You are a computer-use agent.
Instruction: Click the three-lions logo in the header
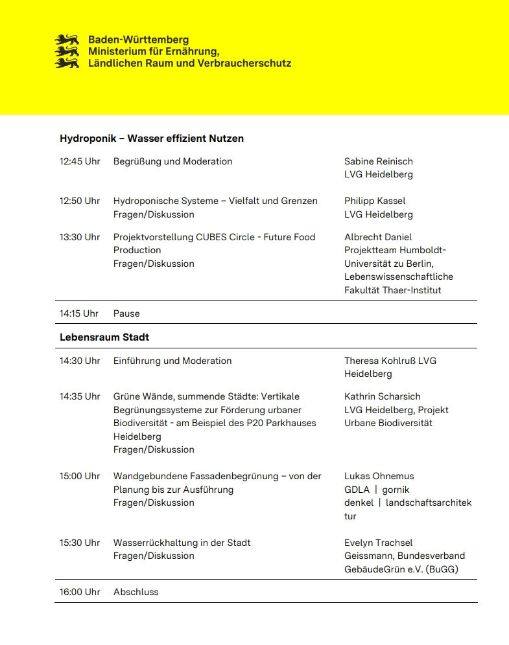[67, 51]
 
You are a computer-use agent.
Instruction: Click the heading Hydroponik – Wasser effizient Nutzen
[152, 139]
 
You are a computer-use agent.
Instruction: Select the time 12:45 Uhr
[80, 161]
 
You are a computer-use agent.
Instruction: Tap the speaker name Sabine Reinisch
[378, 161]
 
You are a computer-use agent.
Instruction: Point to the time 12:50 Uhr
[80, 201]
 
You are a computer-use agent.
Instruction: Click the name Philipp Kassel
[375, 201]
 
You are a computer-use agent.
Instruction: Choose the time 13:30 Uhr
[80, 237]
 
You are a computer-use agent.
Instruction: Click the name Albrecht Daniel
[378, 237]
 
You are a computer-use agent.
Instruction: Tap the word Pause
[126, 313]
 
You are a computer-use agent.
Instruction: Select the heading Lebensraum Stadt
[104, 337]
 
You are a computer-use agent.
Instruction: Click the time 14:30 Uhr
[80, 361]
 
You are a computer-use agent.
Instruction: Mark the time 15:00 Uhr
[80, 476]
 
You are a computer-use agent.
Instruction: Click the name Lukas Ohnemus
[379, 476]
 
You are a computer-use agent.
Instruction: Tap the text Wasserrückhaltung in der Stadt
[182, 543]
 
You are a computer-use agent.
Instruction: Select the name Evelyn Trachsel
[378, 543]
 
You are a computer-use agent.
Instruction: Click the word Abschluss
[136, 592]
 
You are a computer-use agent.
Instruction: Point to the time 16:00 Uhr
[80, 592]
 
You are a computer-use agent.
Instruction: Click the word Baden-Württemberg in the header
[139, 40]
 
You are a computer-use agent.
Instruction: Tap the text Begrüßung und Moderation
[172, 161]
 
